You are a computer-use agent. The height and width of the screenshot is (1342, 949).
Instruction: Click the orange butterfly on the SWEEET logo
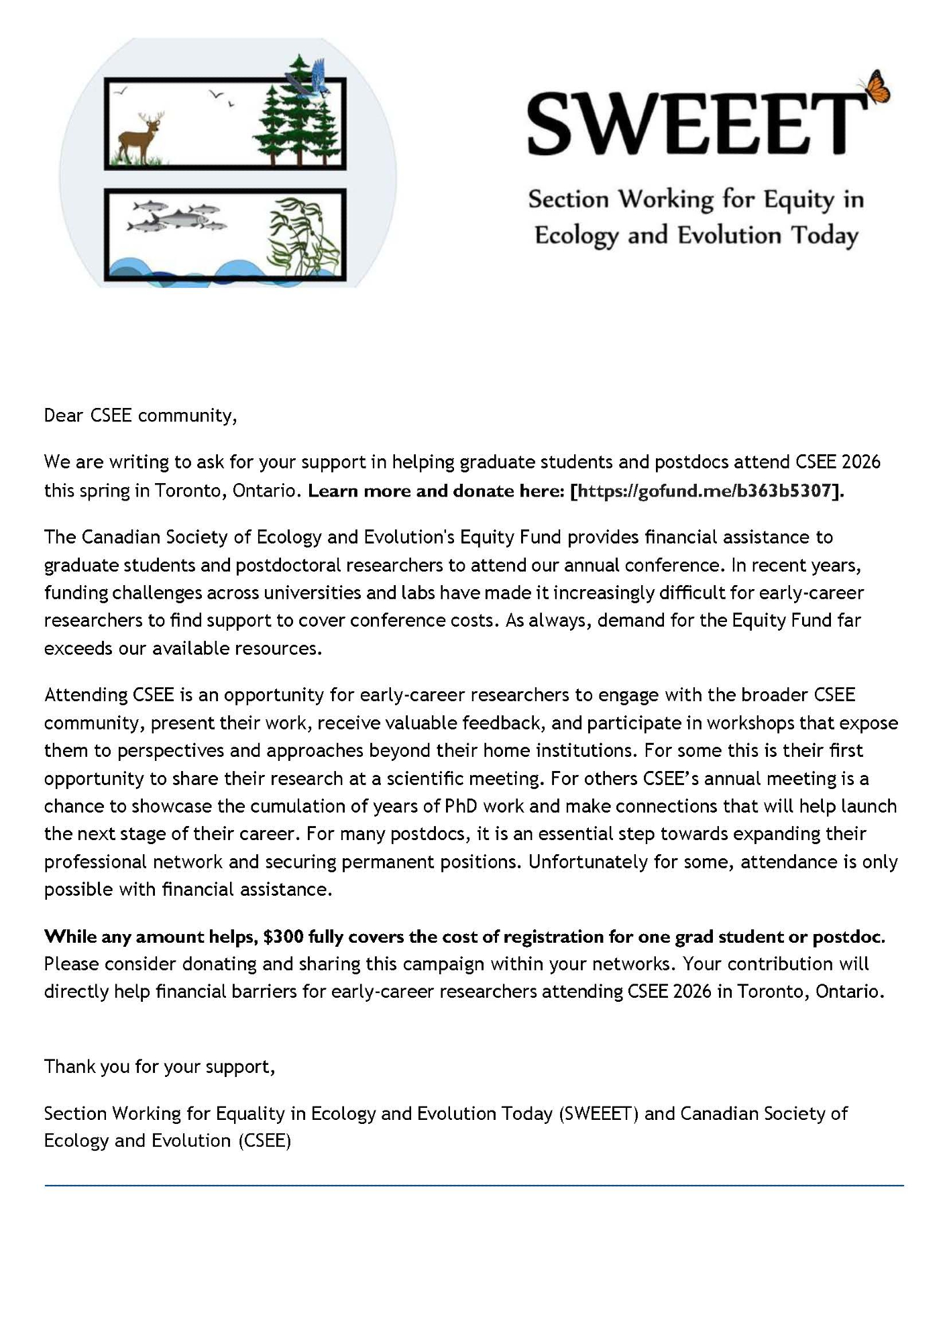click(876, 88)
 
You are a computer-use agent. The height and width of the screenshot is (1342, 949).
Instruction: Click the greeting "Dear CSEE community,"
click(141, 416)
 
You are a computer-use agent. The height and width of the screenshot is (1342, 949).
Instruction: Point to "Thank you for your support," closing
click(160, 1066)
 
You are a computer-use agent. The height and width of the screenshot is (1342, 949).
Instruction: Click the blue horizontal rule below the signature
click(474, 1186)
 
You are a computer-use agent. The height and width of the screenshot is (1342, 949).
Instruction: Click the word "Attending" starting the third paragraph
click(86, 694)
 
